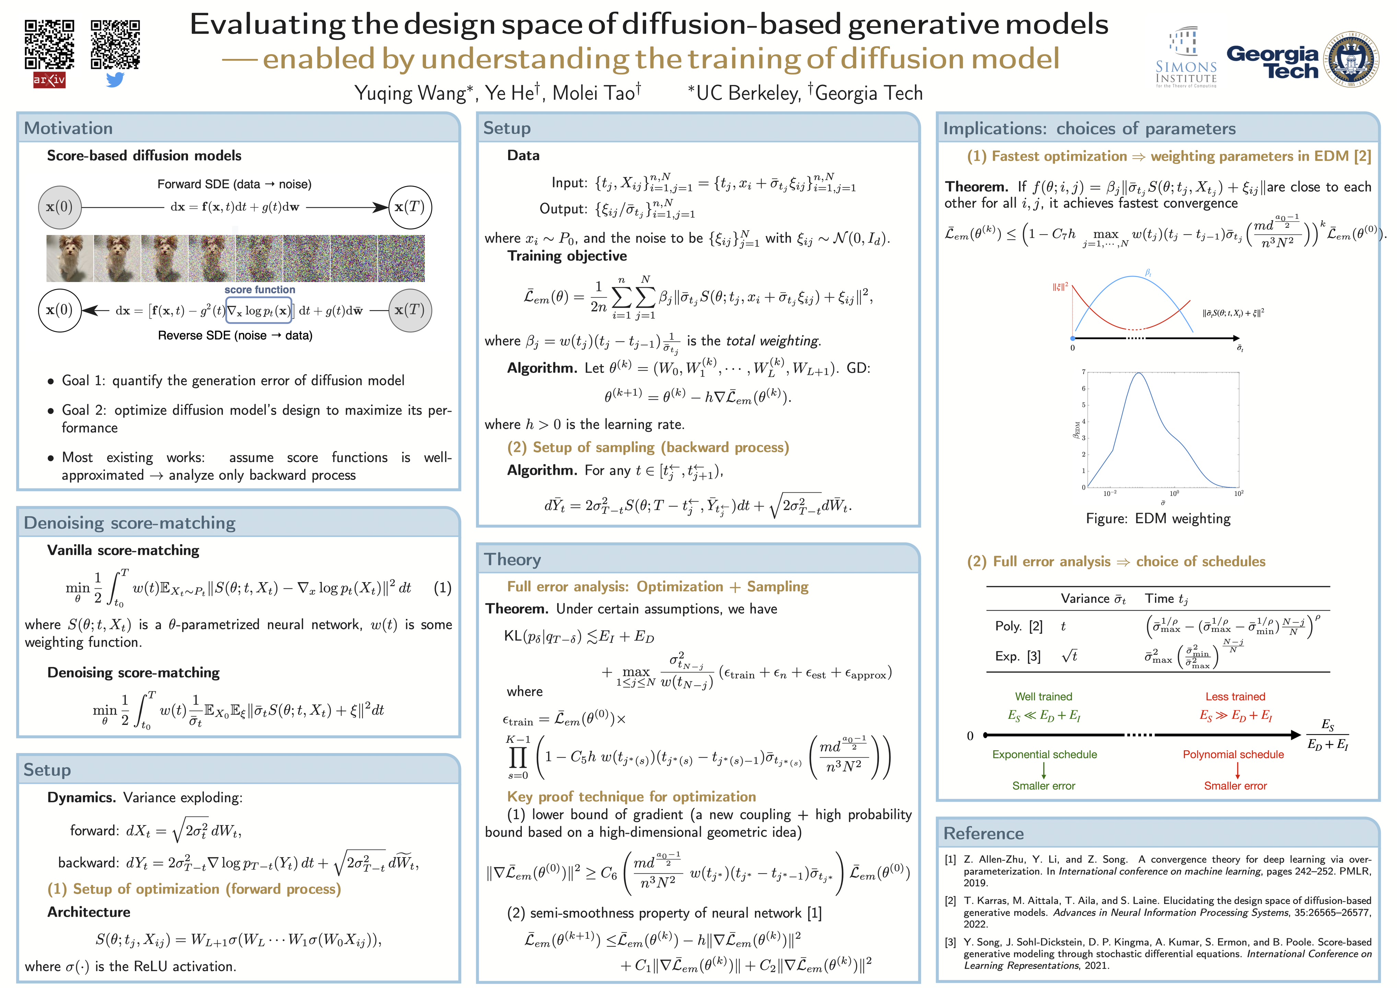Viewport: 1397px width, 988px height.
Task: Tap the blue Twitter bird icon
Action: tap(115, 80)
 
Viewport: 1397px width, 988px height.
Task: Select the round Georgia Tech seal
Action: tap(1353, 59)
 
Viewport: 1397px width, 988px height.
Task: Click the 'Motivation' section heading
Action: tap(68, 128)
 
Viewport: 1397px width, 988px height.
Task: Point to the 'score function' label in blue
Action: tap(259, 290)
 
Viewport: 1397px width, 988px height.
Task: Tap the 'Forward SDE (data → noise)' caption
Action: tap(234, 184)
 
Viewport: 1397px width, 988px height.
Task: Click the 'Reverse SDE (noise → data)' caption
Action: tap(235, 335)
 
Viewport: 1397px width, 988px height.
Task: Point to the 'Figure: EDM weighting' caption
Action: tap(1158, 518)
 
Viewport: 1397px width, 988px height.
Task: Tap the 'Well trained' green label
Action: tap(1044, 697)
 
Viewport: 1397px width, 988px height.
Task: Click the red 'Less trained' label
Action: tap(1235, 697)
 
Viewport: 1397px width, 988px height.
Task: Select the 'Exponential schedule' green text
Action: tap(1044, 754)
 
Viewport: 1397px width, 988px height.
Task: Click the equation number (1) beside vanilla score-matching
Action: tap(442, 588)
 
